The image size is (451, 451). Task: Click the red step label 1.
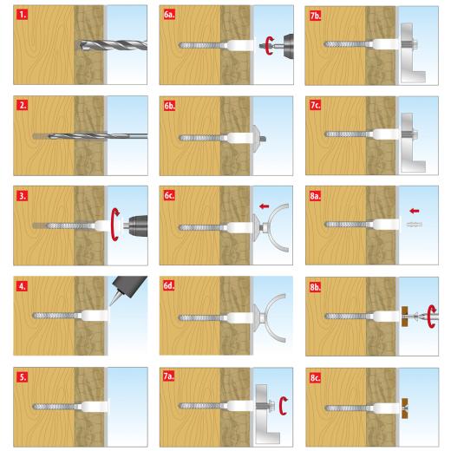click(22, 15)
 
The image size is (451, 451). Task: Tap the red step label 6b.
click(169, 106)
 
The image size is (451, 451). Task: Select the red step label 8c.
click(315, 377)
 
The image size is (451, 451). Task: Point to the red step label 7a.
click(168, 376)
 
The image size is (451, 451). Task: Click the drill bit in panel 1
click(113, 46)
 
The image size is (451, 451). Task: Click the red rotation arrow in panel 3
click(115, 225)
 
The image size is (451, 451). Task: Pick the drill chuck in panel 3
click(136, 224)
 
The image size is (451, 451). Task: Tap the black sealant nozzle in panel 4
click(127, 288)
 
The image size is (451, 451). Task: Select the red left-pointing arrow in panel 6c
click(264, 206)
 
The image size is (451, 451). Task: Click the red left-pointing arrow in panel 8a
click(415, 211)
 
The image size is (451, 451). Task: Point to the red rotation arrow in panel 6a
click(270, 46)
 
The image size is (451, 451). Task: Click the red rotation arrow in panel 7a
click(284, 406)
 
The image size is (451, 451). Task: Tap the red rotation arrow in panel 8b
click(432, 317)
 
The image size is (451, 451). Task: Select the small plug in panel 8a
click(415, 224)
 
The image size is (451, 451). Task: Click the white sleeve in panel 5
click(95, 407)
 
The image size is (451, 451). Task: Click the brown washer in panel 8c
click(405, 409)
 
